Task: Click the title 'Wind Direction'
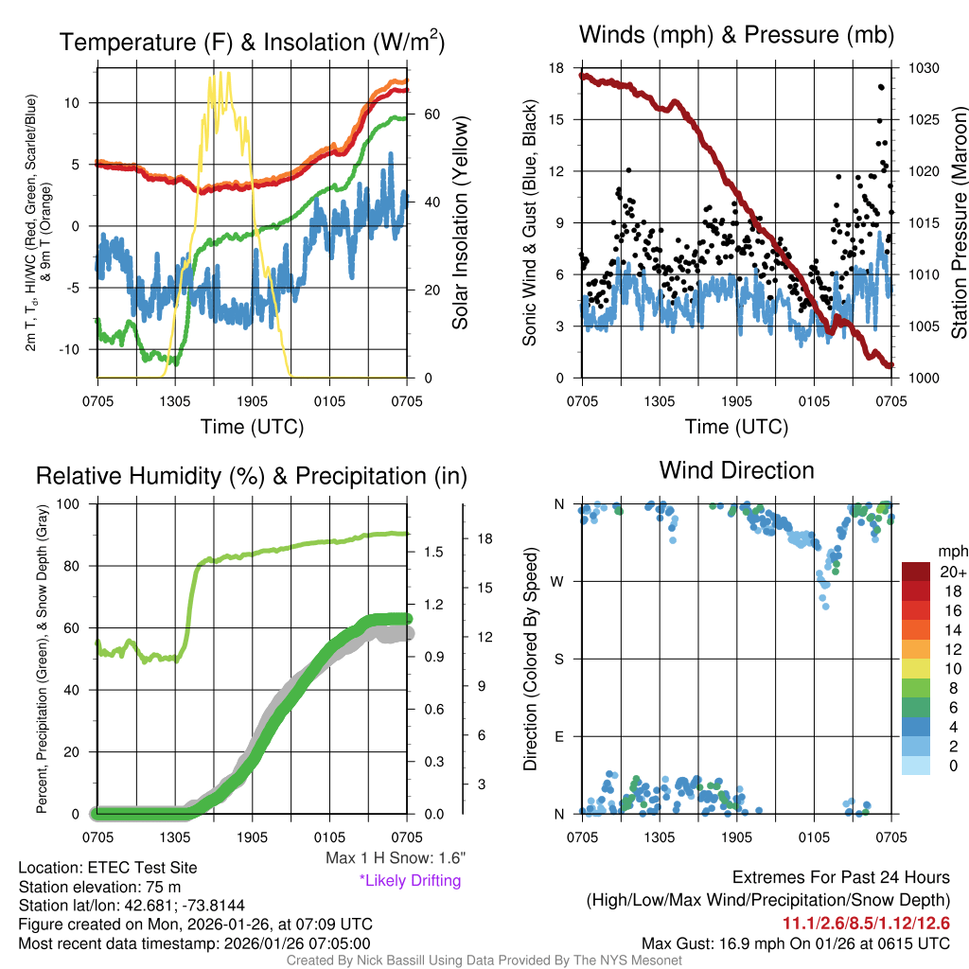click(x=736, y=470)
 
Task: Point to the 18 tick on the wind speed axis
click(x=556, y=68)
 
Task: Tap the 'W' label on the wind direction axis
click(x=559, y=581)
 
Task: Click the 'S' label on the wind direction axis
click(x=559, y=659)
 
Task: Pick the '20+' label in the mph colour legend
click(x=951, y=572)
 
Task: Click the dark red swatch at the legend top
click(x=916, y=572)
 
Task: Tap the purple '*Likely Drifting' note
click(x=410, y=881)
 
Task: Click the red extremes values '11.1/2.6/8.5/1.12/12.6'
click(x=866, y=923)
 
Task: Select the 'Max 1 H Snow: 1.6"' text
click(x=395, y=857)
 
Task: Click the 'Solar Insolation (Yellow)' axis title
click(x=461, y=223)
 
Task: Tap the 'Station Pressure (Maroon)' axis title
click(x=959, y=223)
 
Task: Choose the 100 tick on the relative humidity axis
click(x=79, y=504)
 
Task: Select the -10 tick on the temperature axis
click(x=78, y=349)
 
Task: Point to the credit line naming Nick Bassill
click(x=484, y=960)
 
